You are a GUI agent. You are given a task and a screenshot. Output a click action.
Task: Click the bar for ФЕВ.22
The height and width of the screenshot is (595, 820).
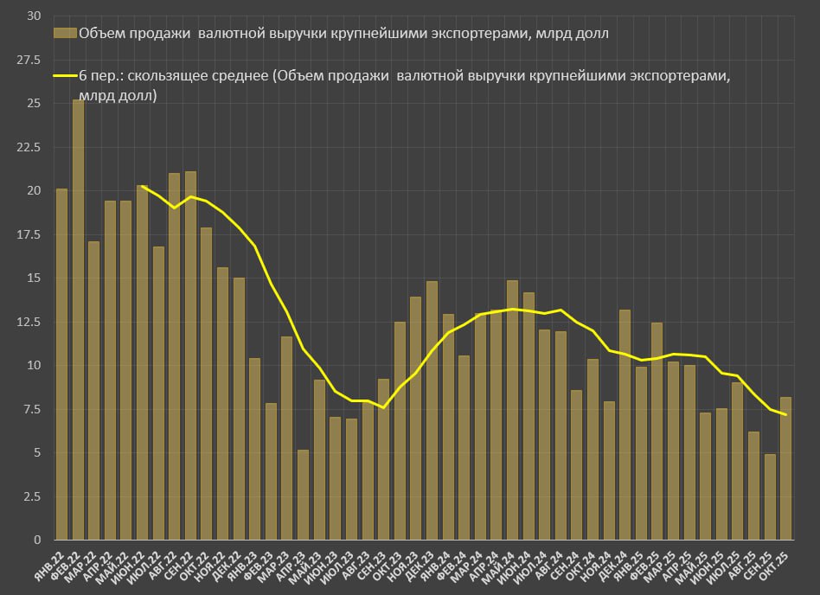[78, 320]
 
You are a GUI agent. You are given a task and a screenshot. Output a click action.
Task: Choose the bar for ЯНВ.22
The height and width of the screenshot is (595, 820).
[61, 364]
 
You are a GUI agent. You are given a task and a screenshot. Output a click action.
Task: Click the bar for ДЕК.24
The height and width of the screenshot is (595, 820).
[625, 425]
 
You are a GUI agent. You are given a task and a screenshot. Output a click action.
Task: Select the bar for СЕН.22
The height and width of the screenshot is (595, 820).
[190, 355]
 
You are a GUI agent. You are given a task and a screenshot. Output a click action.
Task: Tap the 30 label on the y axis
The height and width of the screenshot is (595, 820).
[34, 16]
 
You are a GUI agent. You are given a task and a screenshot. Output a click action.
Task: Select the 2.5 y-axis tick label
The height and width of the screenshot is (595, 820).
[32, 496]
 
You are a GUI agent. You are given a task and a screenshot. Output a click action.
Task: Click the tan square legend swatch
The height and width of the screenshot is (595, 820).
[65, 34]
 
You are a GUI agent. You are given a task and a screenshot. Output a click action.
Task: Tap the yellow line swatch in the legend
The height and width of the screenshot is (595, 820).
[65, 77]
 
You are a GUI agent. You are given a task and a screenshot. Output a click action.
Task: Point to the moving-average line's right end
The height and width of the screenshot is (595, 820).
[785, 415]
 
